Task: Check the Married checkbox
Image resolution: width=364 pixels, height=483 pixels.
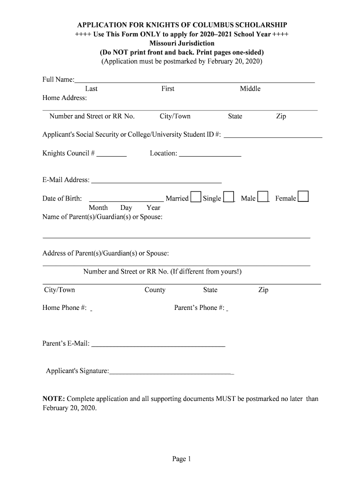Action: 196,197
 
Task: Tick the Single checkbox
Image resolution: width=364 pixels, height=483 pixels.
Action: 228,197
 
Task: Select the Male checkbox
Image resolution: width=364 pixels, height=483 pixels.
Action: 263,197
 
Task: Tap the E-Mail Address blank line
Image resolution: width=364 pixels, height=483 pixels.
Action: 156,180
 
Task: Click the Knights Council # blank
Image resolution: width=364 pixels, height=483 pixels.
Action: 112,154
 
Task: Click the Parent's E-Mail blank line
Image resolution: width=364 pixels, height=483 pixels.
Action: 158,344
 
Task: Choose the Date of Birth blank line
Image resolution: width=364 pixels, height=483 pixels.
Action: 126,199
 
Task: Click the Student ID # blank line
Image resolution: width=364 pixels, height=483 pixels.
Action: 273,135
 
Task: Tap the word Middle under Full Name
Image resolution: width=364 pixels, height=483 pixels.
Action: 250,89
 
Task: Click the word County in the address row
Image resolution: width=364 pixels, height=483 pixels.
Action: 155,290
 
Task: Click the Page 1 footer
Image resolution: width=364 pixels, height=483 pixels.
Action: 182,458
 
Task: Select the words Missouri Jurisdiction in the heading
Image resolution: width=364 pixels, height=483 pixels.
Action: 182,43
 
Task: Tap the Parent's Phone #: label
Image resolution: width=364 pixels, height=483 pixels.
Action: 199,308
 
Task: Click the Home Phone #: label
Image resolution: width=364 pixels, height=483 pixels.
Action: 64,308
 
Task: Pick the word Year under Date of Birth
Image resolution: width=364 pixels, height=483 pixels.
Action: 153,208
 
